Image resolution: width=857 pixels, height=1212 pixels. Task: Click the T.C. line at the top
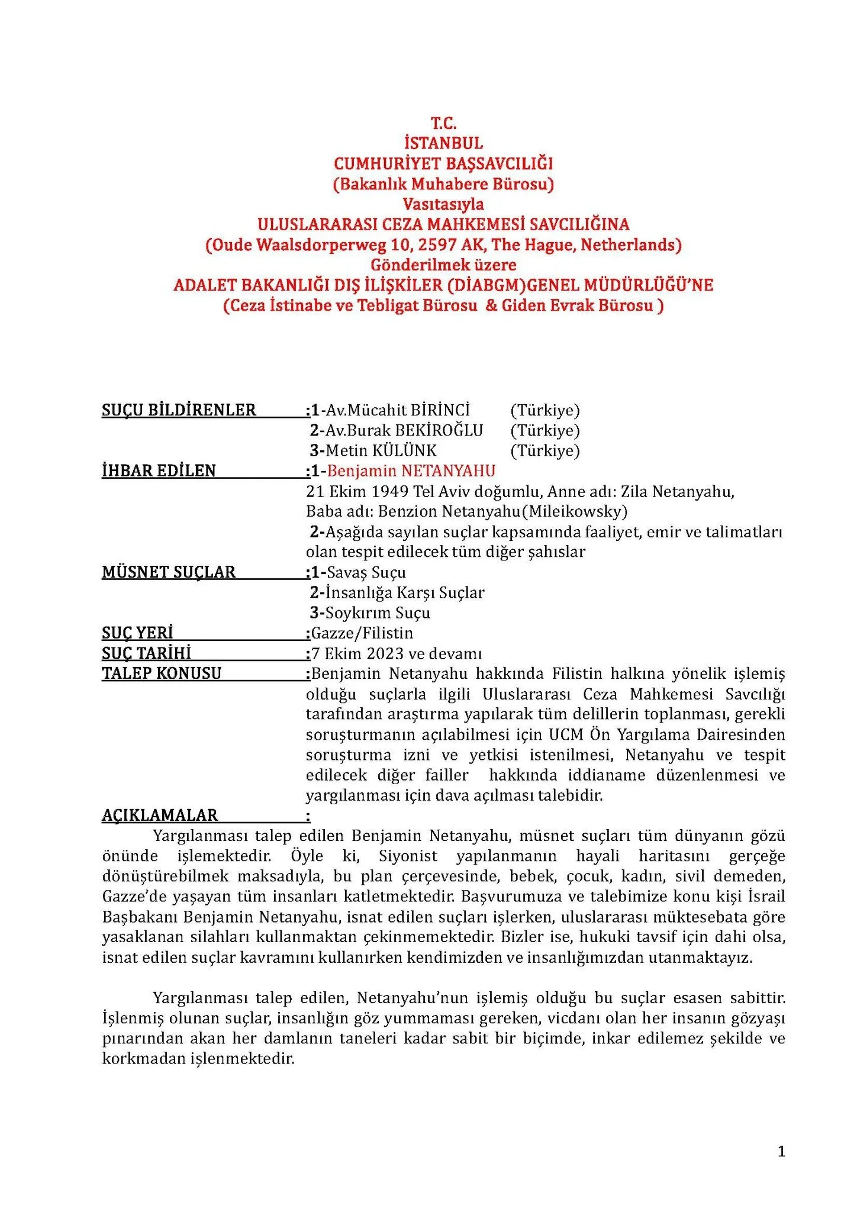(443, 123)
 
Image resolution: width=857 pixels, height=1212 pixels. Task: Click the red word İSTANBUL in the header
(443, 143)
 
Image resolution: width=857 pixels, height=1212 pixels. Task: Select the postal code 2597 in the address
(440, 244)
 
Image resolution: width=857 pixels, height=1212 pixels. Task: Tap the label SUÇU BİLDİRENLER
(179, 410)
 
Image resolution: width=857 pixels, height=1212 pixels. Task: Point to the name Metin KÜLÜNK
(381, 450)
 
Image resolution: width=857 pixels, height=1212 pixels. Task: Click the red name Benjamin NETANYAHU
(411, 470)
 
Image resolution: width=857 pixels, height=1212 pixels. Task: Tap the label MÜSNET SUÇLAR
(169, 572)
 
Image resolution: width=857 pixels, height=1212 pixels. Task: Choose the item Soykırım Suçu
(378, 613)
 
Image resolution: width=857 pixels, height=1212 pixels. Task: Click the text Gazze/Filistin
(362, 633)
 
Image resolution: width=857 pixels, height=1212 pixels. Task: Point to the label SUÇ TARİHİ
(146, 653)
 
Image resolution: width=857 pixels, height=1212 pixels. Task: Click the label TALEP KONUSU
(162, 673)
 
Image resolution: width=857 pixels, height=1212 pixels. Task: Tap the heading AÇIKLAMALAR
(160, 815)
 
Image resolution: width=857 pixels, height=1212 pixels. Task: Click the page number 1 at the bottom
(781, 1151)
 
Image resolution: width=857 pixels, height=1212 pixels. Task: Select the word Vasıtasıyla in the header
(443, 204)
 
